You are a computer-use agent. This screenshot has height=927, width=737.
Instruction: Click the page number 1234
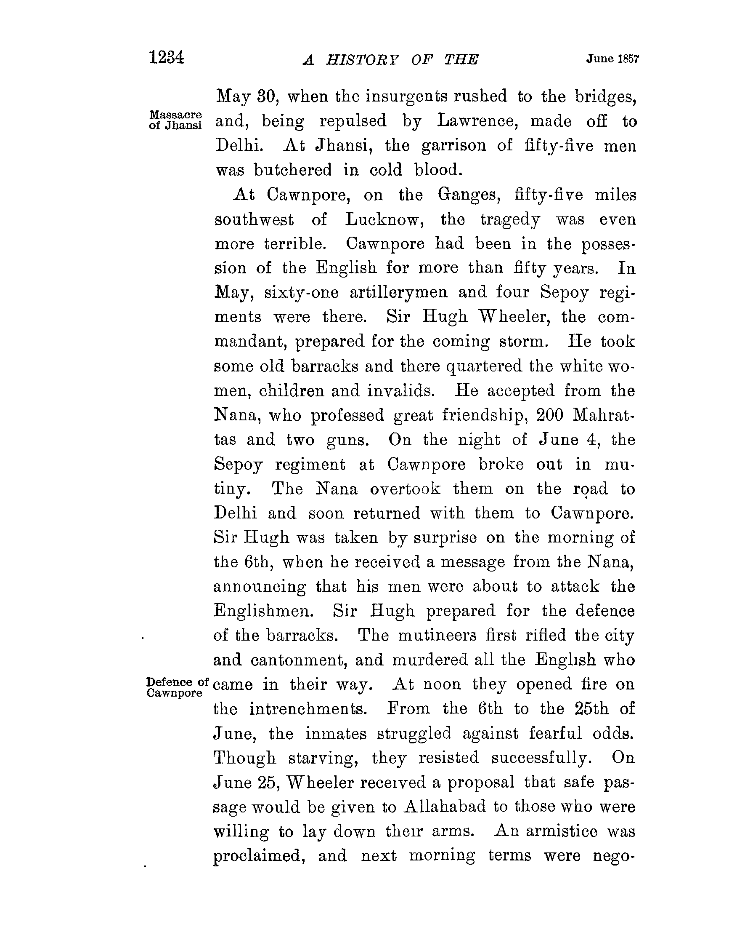(x=167, y=57)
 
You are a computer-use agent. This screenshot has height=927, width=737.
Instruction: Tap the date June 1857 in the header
(x=612, y=59)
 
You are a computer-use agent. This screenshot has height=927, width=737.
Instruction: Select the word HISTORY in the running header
(x=362, y=60)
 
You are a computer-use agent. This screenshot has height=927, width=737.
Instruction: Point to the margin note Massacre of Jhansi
(x=175, y=120)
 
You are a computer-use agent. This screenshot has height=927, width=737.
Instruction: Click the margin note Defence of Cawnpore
(x=177, y=687)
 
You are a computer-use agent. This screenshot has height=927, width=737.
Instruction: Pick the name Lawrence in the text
(x=475, y=121)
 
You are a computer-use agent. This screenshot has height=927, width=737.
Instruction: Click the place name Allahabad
(x=445, y=807)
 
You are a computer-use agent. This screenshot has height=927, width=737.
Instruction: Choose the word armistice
(x=561, y=831)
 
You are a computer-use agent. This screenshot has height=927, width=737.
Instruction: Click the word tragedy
(x=510, y=220)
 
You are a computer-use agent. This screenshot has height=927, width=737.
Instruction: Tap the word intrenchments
(x=308, y=708)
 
